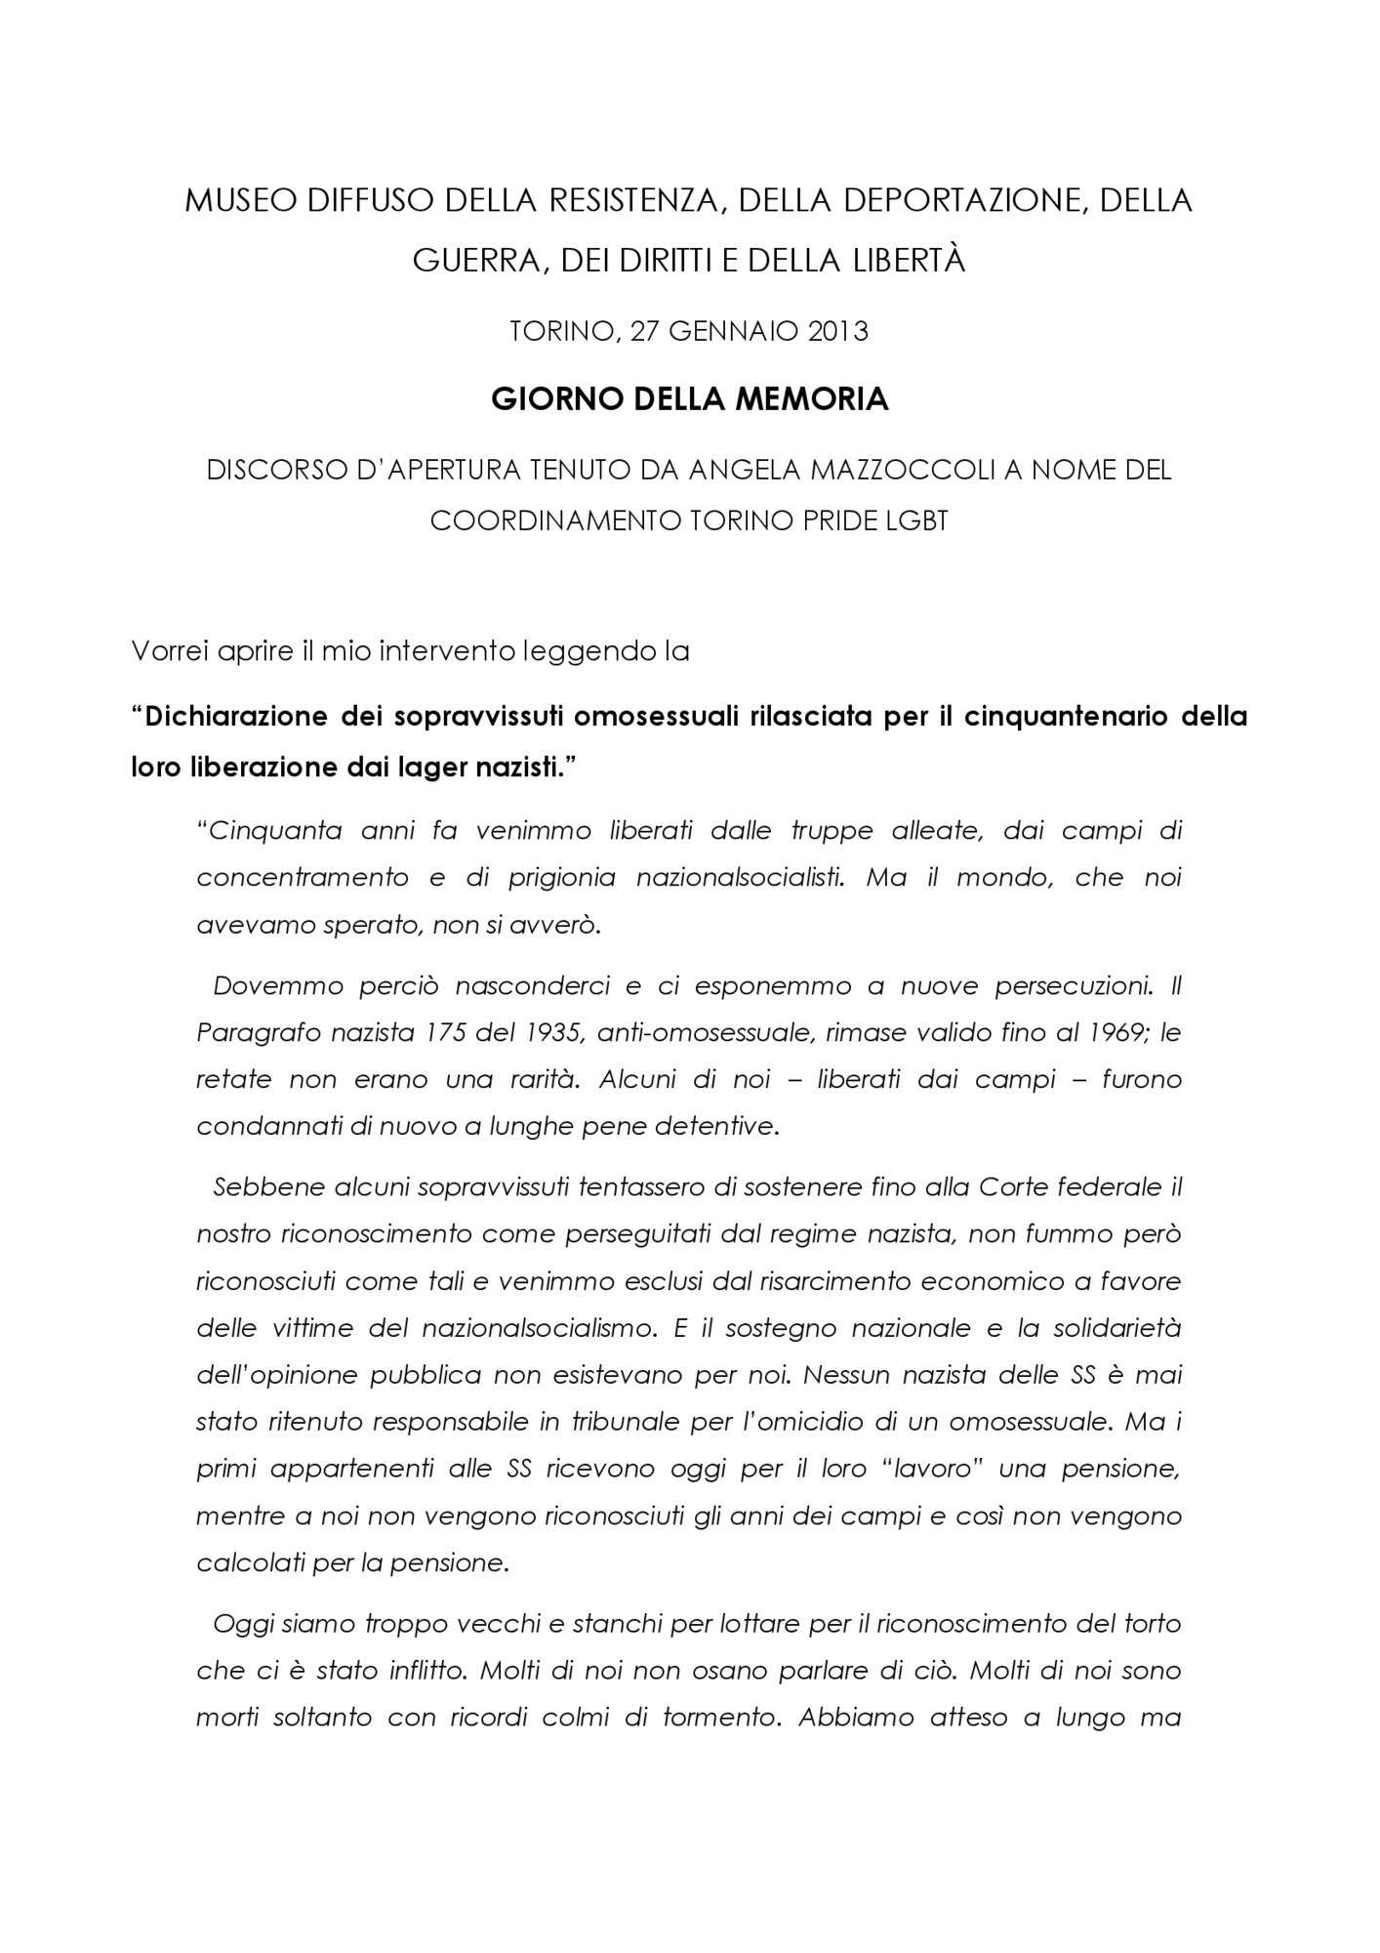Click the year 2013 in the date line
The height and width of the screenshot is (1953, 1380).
pos(837,332)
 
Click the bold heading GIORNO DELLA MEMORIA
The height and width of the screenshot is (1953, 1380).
pos(689,399)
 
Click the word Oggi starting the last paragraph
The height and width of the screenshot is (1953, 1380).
pos(238,1624)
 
